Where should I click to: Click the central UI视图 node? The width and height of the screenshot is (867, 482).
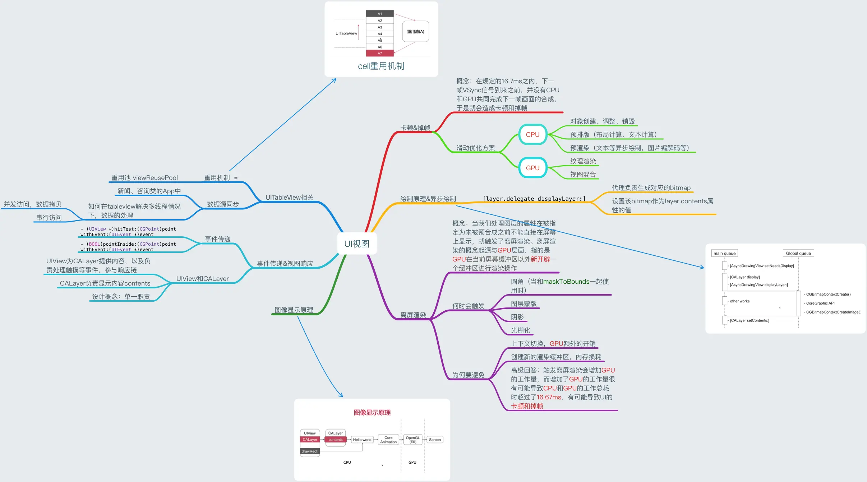tap(356, 244)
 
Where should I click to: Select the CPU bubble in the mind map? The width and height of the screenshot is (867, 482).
tap(532, 135)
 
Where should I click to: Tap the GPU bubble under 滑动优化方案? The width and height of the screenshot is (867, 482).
tap(532, 168)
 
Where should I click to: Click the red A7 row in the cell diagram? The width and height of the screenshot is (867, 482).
tap(380, 54)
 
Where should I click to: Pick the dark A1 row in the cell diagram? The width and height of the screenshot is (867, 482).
tap(380, 14)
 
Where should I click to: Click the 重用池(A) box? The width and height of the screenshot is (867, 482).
tap(415, 32)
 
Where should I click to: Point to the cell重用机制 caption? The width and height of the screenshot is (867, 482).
tap(381, 66)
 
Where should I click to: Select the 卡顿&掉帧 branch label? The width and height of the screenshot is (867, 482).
tap(415, 128)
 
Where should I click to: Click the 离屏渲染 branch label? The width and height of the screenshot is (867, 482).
tap(413, 315)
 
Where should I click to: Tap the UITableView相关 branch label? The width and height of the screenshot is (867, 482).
tap(289, 198)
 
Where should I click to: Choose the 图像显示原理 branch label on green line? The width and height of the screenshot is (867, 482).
tap(294, 310)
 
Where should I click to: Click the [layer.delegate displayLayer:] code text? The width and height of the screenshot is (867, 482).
tap(534, 199)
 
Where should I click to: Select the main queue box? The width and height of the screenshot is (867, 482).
tap(724, 253)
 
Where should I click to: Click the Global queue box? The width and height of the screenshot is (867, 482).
tap(798, 253)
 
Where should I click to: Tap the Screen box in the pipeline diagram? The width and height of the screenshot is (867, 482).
tap(435, 440)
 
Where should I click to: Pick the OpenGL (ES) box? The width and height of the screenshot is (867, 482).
tap(413, 440)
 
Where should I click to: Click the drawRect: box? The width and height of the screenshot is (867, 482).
tap(310, 451)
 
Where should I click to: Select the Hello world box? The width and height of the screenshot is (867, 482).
tap(362, 440)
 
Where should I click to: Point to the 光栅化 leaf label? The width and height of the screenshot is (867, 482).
tap(520, 330)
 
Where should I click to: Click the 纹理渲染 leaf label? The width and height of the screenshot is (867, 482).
tap(583, 161)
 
